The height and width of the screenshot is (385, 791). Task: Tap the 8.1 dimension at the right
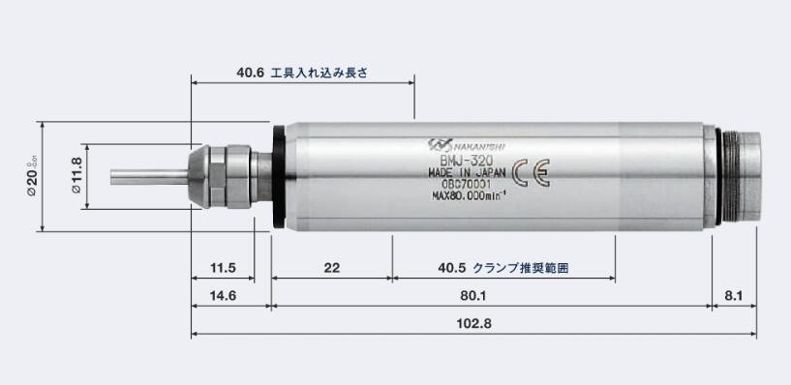[x=732, y=295]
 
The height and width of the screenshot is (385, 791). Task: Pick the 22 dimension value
[x=331, y=267]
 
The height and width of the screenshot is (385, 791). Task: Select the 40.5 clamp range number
[x=448, y=267]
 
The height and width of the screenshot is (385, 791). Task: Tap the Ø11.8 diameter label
[x=76, y=177]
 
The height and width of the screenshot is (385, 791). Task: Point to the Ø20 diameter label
[x=32, y=177]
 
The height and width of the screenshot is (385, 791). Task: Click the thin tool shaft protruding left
[x=146, y=177]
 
